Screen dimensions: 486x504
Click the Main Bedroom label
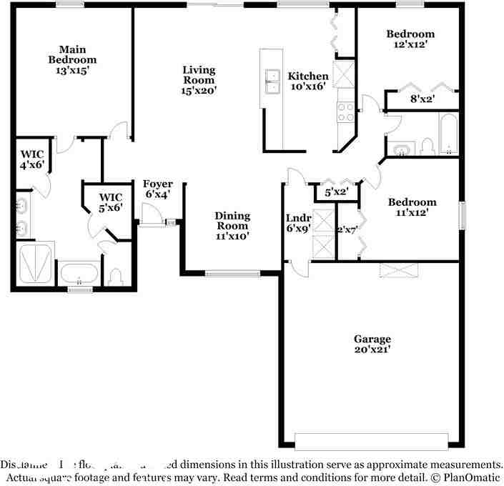coord(72,60)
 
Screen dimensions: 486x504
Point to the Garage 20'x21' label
coord(372,344)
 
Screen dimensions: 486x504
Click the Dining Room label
coord(233,225)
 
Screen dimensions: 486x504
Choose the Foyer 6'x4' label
coord(158,189)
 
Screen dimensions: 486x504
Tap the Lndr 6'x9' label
coord(298,223)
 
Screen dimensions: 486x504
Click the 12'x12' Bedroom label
coord(410,39)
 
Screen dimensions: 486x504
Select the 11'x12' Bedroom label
coord(411,207)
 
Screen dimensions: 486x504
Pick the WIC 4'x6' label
coord(32,159)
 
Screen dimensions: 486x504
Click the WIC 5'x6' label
coord(111,202)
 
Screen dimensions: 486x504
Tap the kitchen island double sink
coord(272,81)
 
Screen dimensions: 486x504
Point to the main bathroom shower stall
coord(35,264)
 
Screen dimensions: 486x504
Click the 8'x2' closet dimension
coord(422,99)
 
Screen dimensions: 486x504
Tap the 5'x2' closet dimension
coord(336,192)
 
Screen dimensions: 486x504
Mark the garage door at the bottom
coord(372,441)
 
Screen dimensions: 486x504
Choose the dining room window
coord(233,272)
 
